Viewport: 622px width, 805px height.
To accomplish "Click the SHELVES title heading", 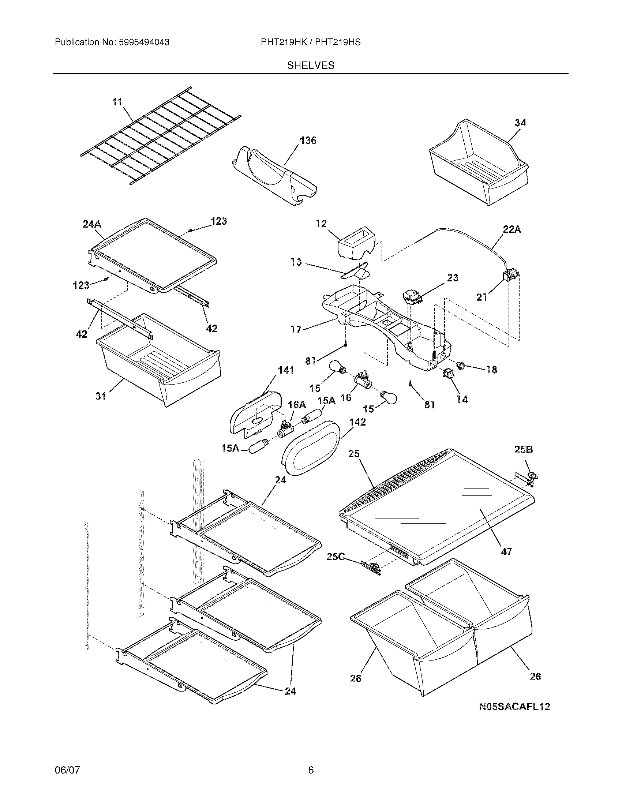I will (x=311, y=65).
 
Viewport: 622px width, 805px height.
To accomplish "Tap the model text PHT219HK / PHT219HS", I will (x=311, y=42).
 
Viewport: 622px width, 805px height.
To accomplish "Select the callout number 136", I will (x=308, y=141).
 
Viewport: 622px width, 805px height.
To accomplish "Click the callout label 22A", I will (x=512, y=230).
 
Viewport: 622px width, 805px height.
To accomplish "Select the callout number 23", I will (x=453, y=278).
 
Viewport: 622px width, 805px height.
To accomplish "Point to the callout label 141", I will (x=286, y=370).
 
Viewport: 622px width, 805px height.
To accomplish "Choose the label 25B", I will (x=524, y=449).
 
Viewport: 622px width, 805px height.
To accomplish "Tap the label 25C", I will (x=335, y=557).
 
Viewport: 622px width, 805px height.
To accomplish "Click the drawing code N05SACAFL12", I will (x=514, y=707).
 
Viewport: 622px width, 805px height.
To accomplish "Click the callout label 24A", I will (x=92, y=224).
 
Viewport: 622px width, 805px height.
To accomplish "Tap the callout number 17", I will (x=296, y=329).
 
